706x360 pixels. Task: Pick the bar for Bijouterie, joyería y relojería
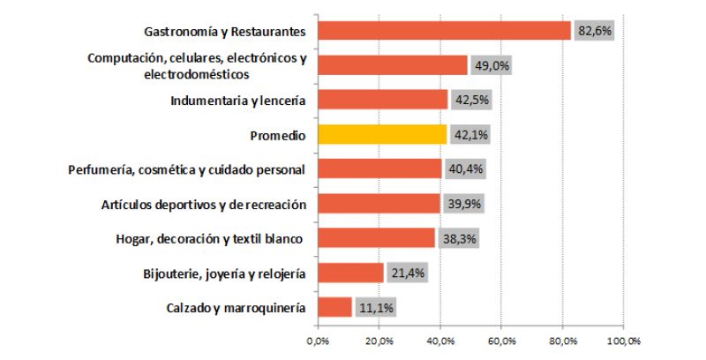click(x=349, y=273)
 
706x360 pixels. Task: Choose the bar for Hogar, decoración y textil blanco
click(x=375, y=238)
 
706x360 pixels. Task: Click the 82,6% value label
click(x=594, y=31)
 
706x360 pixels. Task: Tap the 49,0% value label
click(x=491, y=65)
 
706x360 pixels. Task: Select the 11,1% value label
click(x=375, y=307)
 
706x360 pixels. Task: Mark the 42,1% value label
click(x=470, y=134)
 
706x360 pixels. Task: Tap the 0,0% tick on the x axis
click(x=317, y=340)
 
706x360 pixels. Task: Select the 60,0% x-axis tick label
click(x=501, y=340)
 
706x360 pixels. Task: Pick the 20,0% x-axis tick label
click(x=379, y=340)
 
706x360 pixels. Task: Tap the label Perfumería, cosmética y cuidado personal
click(x=186, y=169)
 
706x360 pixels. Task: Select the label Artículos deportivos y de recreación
click(x=205, y=204)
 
